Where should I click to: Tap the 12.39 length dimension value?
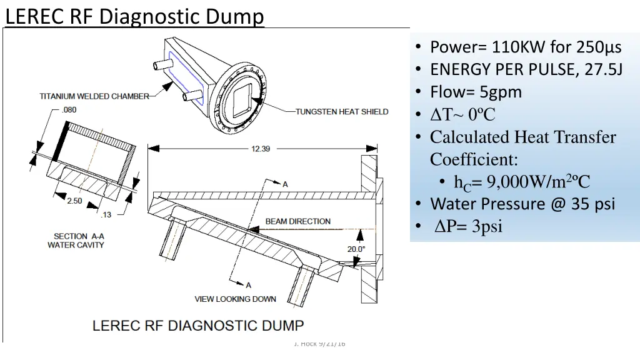tap(261, 149)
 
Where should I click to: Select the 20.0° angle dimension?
tap(356, 249)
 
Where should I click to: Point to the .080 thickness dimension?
tap(70, 109)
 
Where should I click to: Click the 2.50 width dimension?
tap(75, 201)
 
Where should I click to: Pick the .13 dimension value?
tap(106, 214)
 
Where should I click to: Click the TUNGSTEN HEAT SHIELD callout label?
tap(342, 112)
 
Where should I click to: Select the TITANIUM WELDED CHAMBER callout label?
tap(94, 96)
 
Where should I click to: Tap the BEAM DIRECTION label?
tap(298, 221)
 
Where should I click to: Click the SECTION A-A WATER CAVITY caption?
tap(76, 241)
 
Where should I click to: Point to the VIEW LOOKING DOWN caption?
tap(235, 299)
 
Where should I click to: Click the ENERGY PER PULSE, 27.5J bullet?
tap(526, 69)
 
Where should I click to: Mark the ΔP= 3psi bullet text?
tap(469, 226)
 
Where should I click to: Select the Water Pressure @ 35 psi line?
tap(522, 204)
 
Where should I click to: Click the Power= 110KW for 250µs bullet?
tap(526, 47)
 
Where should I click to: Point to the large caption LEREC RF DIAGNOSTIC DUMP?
tap(198, 326)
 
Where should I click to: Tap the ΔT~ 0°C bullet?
tap(462, 114)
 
